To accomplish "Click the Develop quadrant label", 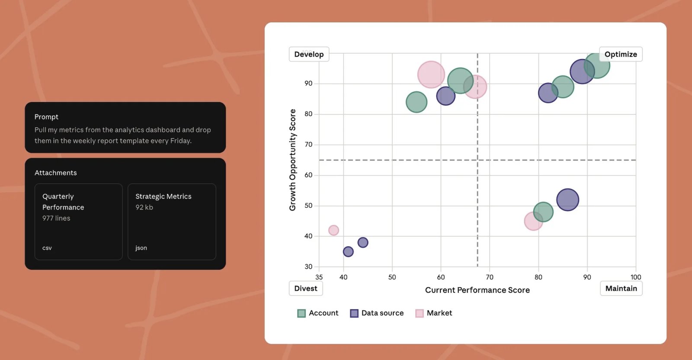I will pos(309,55).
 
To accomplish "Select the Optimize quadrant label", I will pos(620,55).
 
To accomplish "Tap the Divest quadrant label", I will pos(305,289).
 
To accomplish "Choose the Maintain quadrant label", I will pos(621,289).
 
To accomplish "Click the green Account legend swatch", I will pos(301,313).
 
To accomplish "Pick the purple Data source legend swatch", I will pos(354,313).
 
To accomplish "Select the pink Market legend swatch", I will pos(420,313).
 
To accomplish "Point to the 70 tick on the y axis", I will pos(308,145).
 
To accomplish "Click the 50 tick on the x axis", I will pos(392,277).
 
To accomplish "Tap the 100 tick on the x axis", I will pos(635,277).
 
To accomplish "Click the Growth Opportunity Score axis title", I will pos(293,160).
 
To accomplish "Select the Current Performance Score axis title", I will pos(477,290).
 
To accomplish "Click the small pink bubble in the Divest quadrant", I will pos(333,230).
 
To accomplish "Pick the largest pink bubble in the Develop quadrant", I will pos(431,74).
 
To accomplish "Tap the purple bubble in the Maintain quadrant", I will pos(567,200).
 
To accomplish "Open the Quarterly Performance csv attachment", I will pos(78,222).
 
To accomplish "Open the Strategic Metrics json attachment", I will pos(172,222).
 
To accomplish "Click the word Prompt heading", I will pos(46,117).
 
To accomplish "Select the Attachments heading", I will pos(56,173).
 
